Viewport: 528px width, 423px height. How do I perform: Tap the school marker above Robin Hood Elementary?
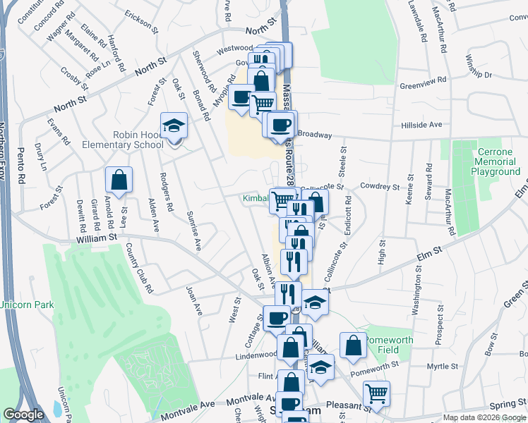(174, 127)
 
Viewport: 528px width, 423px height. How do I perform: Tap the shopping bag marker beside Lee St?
(119, 180)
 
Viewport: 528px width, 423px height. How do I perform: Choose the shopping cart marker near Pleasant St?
(377, 394)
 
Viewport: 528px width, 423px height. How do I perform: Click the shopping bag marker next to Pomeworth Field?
(353, 345)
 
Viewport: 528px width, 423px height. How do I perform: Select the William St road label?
(96, 238)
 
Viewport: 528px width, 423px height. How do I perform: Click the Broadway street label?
(314, 133)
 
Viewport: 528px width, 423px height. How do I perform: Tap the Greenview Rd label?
(424, 82)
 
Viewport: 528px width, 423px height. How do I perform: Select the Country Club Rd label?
(138, 268)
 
